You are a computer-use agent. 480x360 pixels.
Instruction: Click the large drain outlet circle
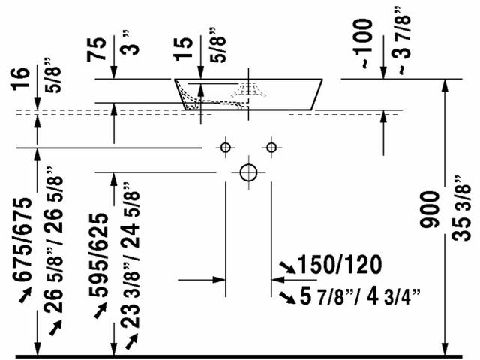248,171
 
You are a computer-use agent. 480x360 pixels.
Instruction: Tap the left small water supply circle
224,147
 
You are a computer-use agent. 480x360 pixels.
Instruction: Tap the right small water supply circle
271,147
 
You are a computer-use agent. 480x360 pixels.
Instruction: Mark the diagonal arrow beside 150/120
286,266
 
